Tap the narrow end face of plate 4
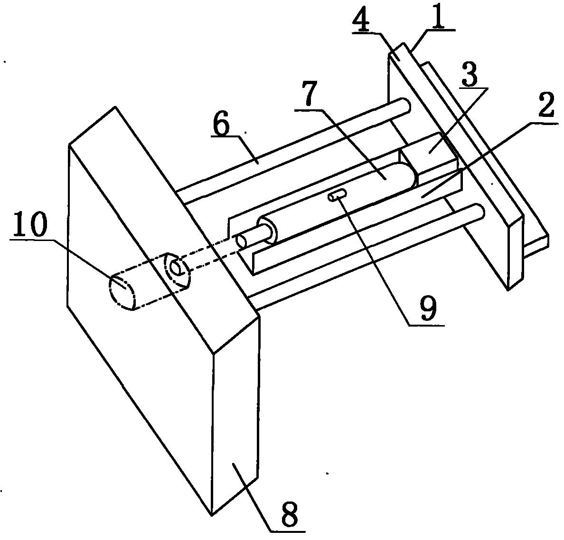tap(516, 252)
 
